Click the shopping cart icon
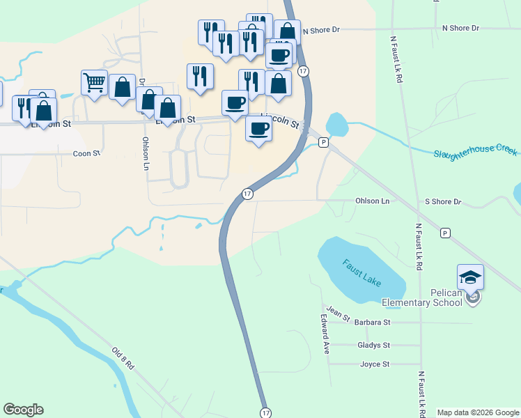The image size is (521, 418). click(x=94, y=83)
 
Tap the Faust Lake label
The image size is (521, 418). click(x=362, y=272)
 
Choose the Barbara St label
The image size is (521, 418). click(x=373, y=323)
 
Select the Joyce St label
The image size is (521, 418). click(x=374, y=364)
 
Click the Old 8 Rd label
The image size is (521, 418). click(x=122, y=358)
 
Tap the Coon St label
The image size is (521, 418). click(x=87, y=153)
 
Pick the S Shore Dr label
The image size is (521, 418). click(x=443, y=201)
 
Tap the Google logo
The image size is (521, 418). click(x=23, y=410)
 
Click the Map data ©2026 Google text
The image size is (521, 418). click(x=477, y=412)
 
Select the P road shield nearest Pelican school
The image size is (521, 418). click(x=445, y=233)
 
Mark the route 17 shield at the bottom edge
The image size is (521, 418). click(x=265, y=413)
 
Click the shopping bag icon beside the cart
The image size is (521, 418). click(x=122, y=88)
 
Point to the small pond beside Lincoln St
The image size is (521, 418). click(x=336, y=125)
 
